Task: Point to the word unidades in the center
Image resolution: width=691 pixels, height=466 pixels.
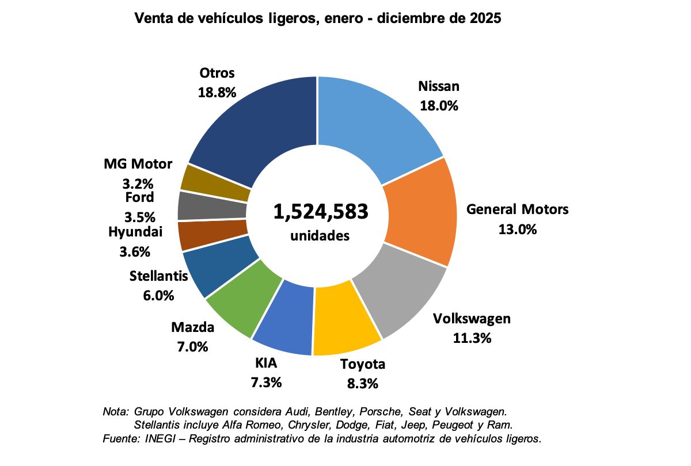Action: click(x=320, y=235)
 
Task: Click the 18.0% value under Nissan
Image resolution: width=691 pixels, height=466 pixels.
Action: click(x=438, y=106)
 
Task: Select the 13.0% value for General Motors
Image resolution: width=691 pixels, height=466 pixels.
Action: click(x=517, y=229)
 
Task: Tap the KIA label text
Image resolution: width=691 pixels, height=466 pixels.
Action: click(x=266, y=363)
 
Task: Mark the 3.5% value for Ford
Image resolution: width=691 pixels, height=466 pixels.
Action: click(x=139, y=217)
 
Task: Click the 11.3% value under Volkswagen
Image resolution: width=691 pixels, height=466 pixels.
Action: click(x=472, y=338)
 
